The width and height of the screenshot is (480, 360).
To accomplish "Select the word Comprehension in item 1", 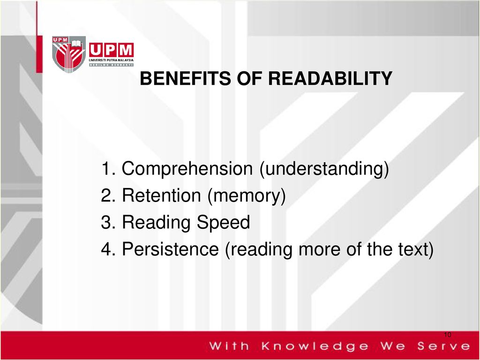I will click(187, 169).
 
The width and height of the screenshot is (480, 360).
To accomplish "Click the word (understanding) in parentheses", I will click(324, 169).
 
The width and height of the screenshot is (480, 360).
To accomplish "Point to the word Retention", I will click(162, 196).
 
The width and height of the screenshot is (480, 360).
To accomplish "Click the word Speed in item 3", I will click(223, 223).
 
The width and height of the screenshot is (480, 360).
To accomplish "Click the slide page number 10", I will click(447, 334).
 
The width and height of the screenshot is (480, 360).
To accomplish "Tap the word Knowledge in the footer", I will click(315, 347).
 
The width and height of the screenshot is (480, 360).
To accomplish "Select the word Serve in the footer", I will click(442, 347).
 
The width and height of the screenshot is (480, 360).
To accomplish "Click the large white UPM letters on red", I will click(111, 50).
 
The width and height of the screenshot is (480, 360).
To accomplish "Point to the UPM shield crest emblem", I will click(68, 54).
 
